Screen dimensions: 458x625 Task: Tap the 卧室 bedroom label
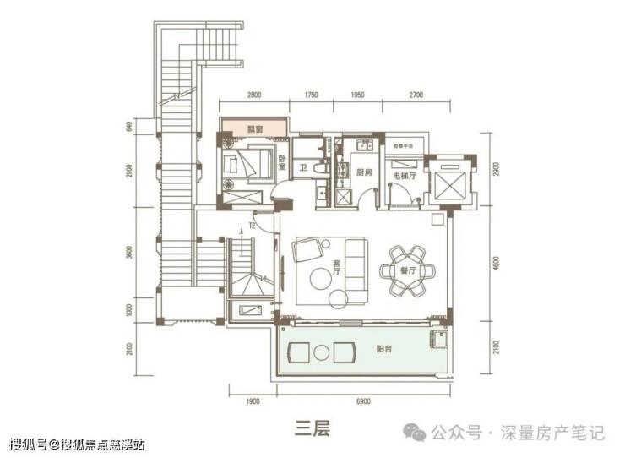tap(282, 164)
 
